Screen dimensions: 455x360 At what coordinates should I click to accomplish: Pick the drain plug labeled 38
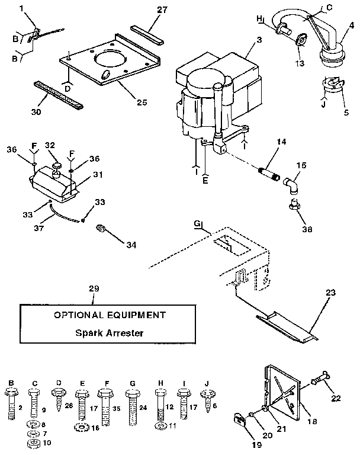click(x=291, y=206)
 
